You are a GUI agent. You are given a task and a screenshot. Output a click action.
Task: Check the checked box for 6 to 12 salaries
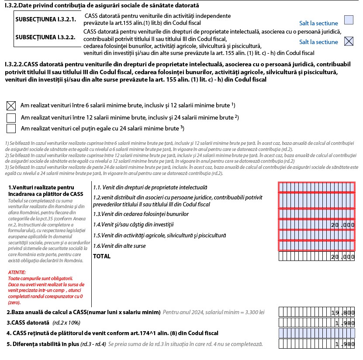click(x=11, y=106)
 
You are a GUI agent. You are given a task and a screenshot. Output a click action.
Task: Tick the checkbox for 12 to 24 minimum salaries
click(x=11, y=118)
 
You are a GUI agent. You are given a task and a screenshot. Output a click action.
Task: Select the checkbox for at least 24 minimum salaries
click(x=11, y=128)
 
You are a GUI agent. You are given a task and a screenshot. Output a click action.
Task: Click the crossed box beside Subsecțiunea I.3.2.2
click(x=349, y=41)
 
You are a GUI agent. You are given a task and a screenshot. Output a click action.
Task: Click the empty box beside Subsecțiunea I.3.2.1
click(x=349, y=20)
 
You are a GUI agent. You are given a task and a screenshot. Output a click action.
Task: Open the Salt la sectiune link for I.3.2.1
click(x=318, y=23)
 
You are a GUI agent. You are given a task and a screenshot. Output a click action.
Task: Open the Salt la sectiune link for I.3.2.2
click(x=318, y=42)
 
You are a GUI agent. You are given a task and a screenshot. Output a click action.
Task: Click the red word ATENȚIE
click(x=17, y=272)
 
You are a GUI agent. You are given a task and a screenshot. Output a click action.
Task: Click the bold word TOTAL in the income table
click(x=102, y=257)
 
